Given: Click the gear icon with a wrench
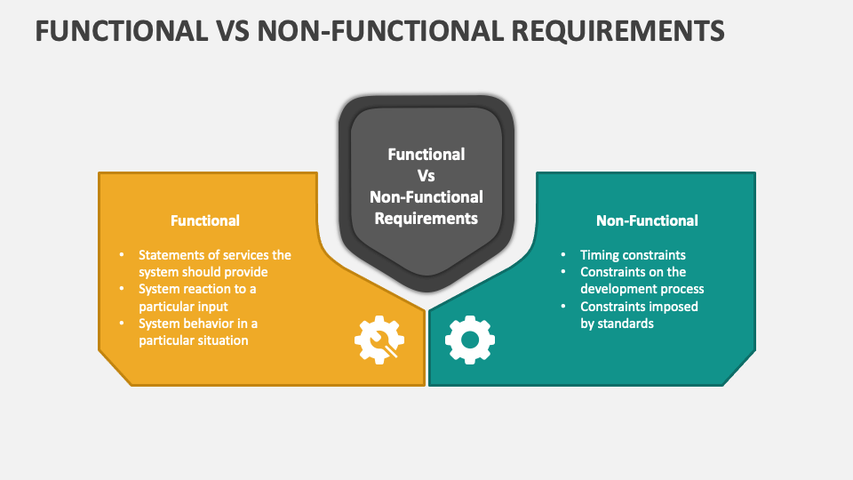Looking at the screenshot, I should (x=379, y=339).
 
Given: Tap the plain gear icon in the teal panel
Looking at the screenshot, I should (x=469, y=339).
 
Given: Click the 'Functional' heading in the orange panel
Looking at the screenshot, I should (x=205, y=220).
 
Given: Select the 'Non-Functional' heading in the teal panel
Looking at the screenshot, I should (x=647, y=220).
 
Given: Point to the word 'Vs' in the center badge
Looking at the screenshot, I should (x=426, y=175).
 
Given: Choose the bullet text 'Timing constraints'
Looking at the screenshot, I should (x=633, y=255).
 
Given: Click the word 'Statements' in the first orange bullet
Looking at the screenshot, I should (x=169, y=255).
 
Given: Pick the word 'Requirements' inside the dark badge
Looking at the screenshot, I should (x=426, y=218).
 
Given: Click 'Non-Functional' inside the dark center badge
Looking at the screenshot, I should (x=426, y=196).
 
